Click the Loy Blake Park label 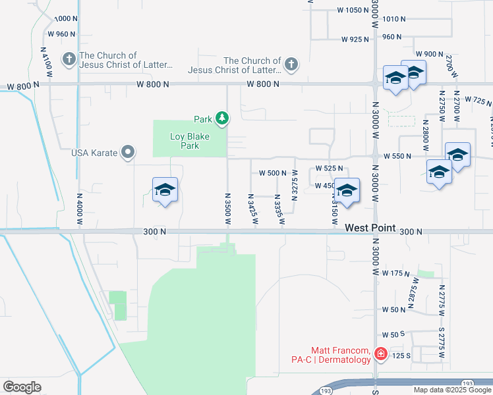tap(185, 141)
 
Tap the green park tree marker tap(223, 118)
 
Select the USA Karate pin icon tap(129, 153)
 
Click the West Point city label tap(370, 228)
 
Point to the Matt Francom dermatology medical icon tap(380, 355)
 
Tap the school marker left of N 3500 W tap(165, 191)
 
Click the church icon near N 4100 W tap(69, 60)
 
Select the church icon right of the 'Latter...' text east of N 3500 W tap(291, 65)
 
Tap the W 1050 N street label tap(354, 10)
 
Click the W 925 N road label tap(355, 39)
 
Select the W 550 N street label tap(397, 156)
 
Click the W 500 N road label tap(272, 173)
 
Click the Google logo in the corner tap(22, 387)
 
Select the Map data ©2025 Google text tap(452, 390)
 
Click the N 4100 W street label tap(45, 64)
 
